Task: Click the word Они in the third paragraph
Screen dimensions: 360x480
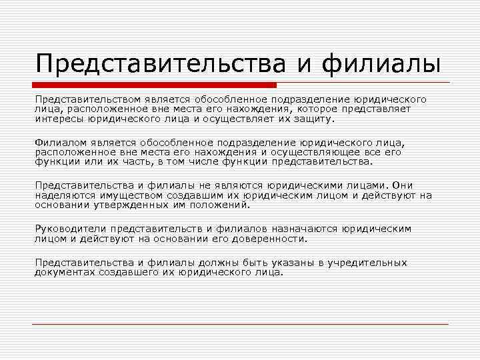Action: click(x=403, y=185)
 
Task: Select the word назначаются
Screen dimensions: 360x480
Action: click(x=304, y=229)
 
